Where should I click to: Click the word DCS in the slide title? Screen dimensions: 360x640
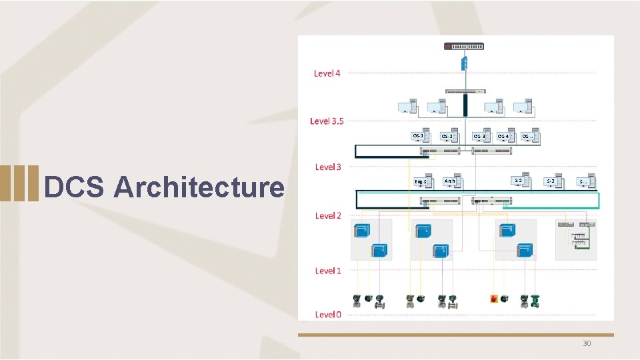(x=73, y=187)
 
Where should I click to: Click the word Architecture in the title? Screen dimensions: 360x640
(x=199, y=187)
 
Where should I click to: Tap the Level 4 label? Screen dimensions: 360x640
(x=327, y=73)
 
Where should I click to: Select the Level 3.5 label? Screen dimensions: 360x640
(x=327, y=121)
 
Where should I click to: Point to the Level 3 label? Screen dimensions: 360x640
(x=328, y=167)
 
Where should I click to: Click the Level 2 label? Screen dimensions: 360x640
(x=328, y=215)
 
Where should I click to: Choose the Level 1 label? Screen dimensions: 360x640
(x=327, y=271)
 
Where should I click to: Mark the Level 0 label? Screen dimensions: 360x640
(x=328, y=314)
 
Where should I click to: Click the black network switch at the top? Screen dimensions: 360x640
(x=465, y=46)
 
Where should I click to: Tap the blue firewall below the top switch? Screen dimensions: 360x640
(x=465, y=63)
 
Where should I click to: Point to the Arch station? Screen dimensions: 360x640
(x=451, y=180)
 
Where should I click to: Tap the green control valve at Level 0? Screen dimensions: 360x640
(x=536, y=301)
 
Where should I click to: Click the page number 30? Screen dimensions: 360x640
(x=587, y=343)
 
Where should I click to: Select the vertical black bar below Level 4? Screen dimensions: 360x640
(x=465, y=103)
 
